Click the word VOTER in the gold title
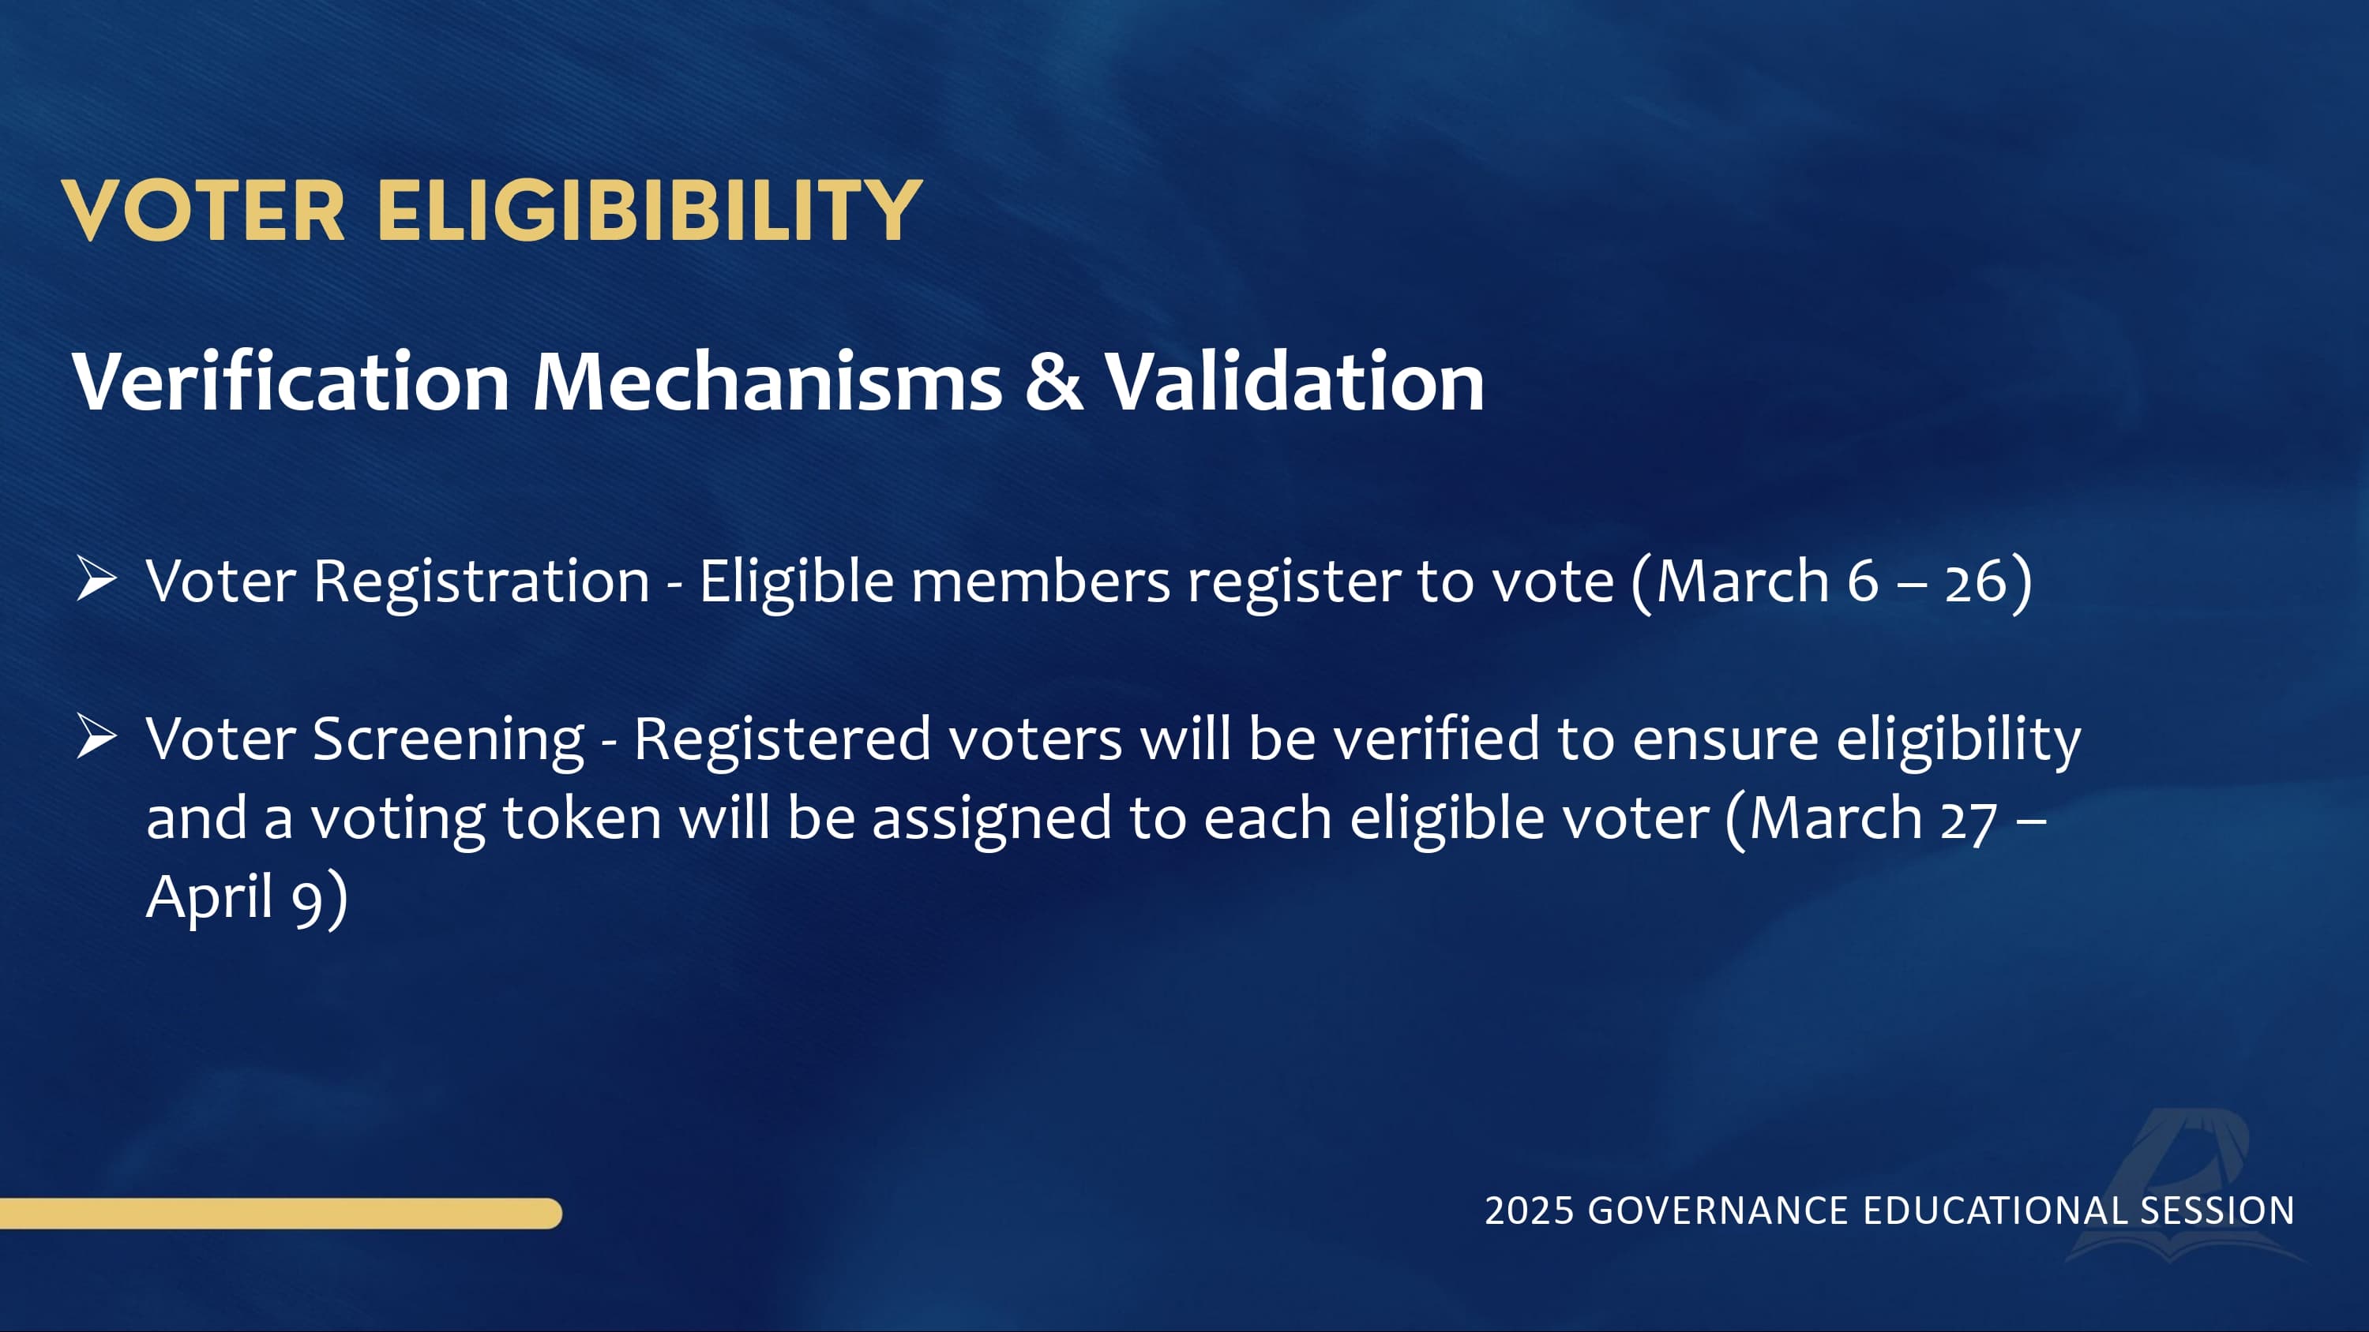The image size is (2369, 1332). tap(203, 211)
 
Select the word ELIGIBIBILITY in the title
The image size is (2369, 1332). tap(649, 211)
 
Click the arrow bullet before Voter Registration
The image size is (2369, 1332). tap(96, 579)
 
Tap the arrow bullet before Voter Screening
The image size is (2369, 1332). tap(96, 737)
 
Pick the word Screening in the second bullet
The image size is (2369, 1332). tap(449, 741)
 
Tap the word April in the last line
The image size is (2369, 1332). tap(210, 897)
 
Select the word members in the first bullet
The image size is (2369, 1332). tap(1041, 581)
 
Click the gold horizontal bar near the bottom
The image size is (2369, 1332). tap(280, 1214)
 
